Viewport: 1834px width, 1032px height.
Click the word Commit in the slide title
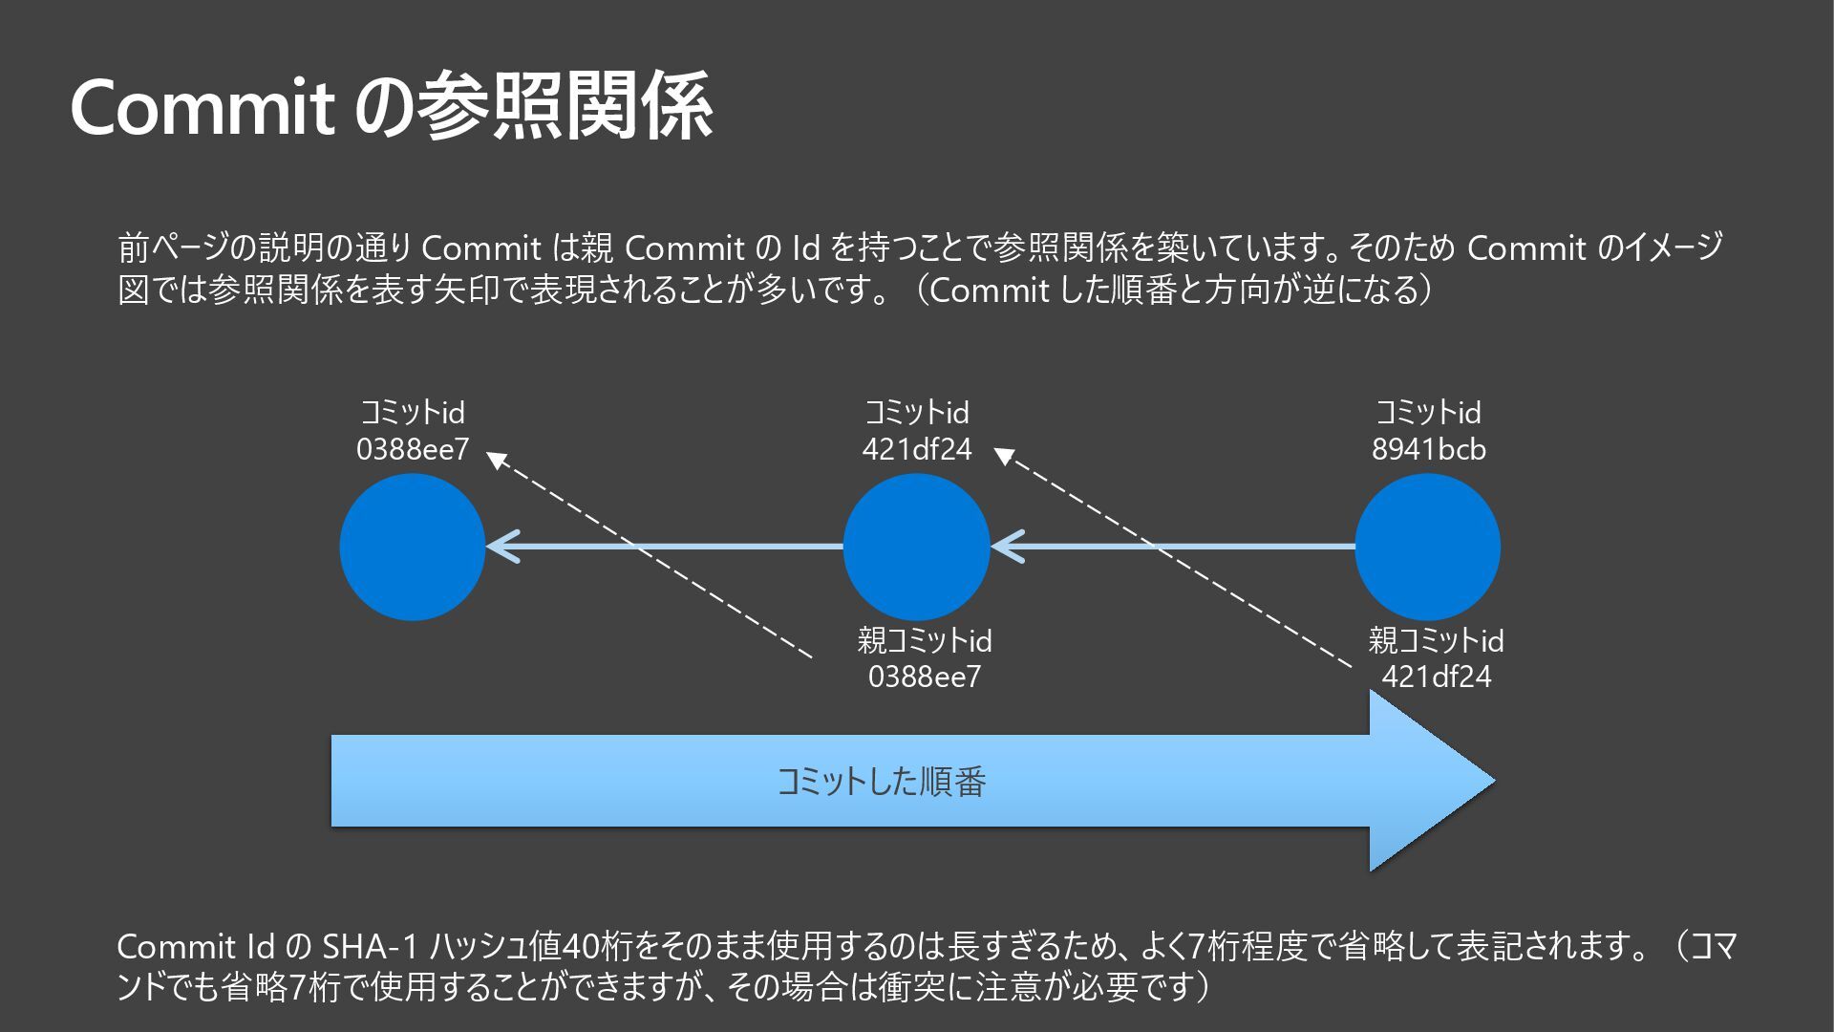pos(202,107)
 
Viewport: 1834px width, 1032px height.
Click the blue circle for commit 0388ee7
pos(413,548)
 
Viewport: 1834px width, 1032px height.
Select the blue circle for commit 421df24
pos(916,548)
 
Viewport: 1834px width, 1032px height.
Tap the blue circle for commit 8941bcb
pos(1428,548)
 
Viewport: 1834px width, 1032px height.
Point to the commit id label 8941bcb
pos(1428,449)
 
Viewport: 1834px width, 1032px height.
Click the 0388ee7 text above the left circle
pos(413,449)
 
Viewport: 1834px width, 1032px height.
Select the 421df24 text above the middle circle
pos(916,449)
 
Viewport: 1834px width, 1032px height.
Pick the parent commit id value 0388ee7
pos(924,677)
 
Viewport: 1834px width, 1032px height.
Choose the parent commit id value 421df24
pos(1436,677)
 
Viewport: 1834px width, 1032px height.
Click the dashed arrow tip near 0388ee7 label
pos(496,460)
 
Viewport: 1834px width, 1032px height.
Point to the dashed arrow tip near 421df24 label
pos(1003,456)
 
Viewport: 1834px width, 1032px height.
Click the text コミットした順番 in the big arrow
pos(881,782)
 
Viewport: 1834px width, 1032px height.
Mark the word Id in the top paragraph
pos(805,248)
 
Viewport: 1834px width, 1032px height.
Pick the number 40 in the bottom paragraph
pos(581,947)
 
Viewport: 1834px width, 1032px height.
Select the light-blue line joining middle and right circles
pos(1184,548)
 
